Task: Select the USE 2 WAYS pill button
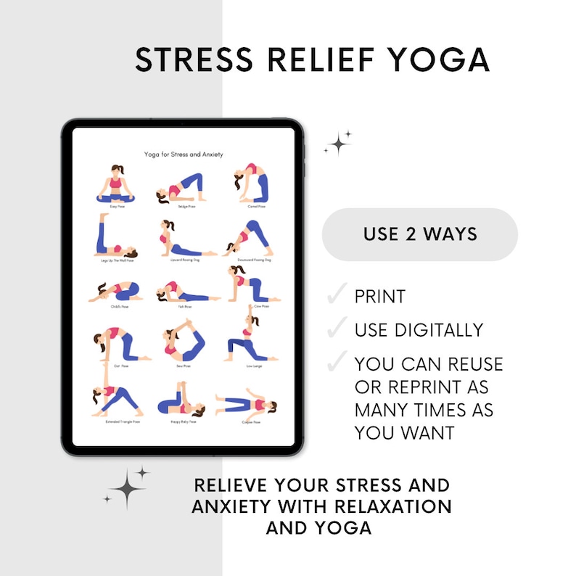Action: (419, 234)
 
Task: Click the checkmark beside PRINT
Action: (337, 295)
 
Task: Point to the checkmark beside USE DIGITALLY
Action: (337, 329)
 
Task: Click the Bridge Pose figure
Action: (177, 190)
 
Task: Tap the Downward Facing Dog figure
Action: (247, 237)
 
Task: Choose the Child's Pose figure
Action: (111, 292)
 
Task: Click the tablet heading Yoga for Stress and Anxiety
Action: (183, 154)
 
